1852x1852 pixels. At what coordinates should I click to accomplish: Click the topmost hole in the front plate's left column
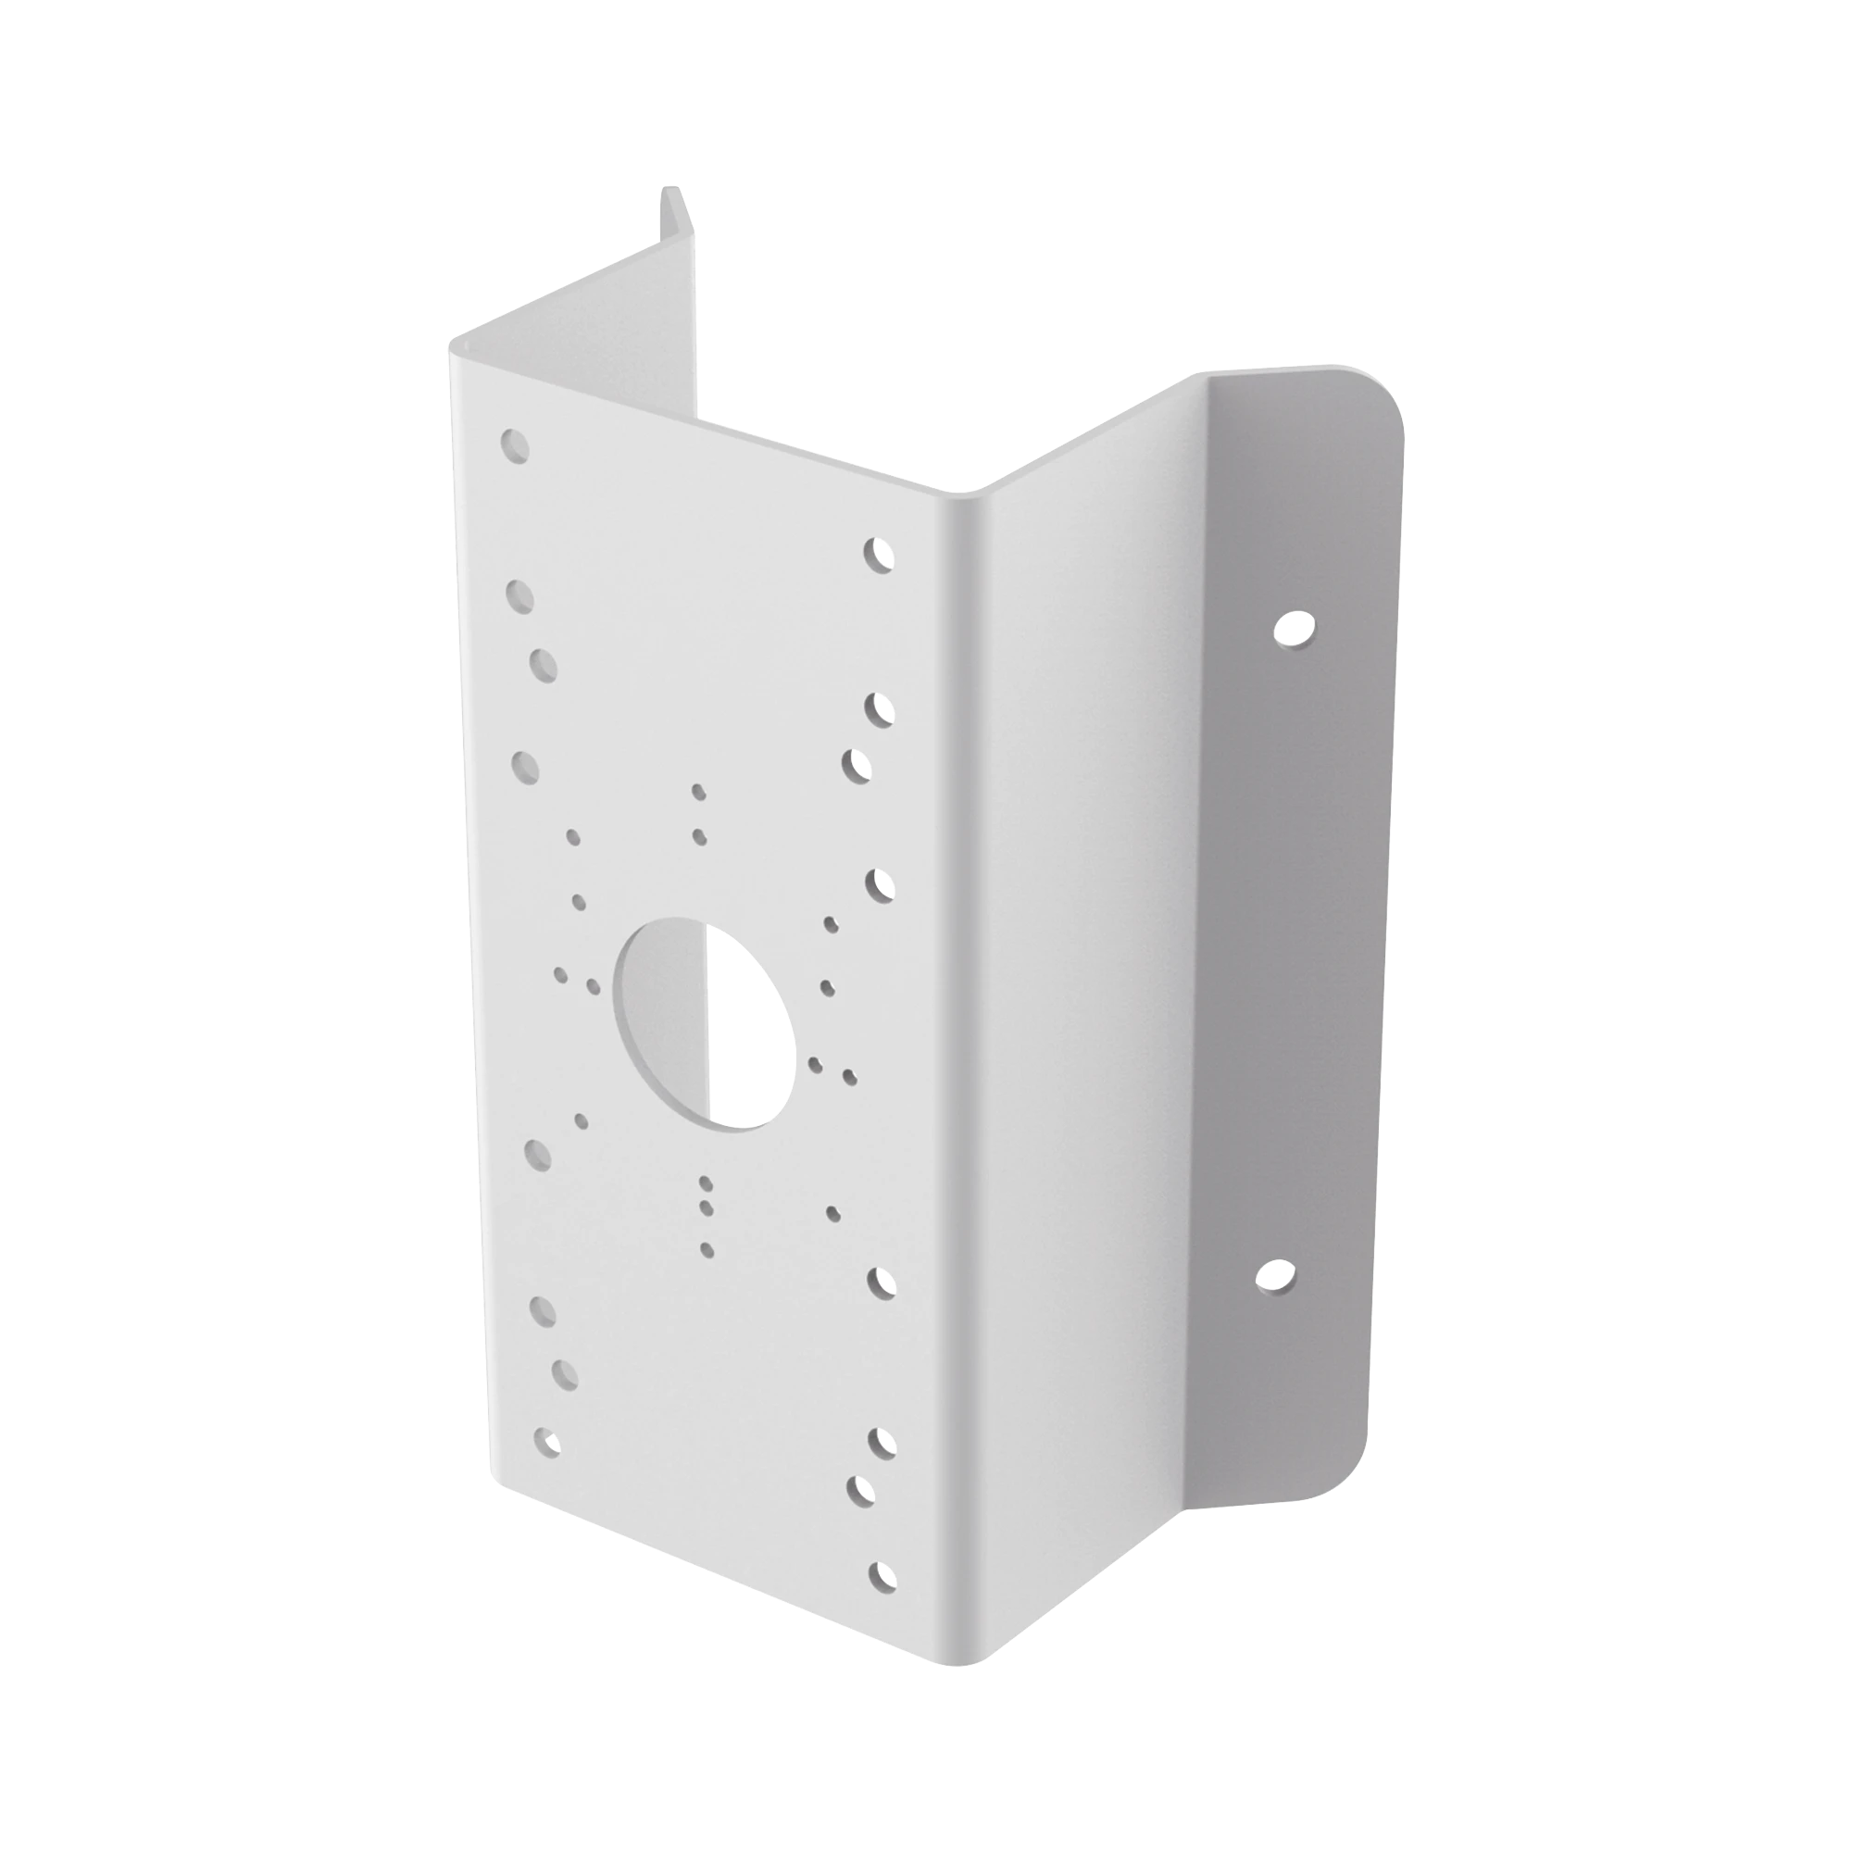[516, 445]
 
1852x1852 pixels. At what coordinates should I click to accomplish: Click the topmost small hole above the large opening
[699, 792]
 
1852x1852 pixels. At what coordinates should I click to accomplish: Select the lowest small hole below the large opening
[707, 1248]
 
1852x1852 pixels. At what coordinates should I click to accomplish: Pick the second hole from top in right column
[878, 709]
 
